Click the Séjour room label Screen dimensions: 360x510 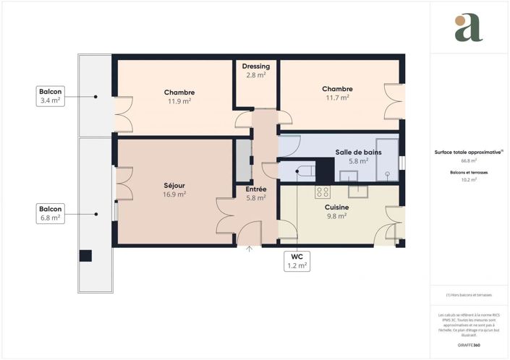(175, 185)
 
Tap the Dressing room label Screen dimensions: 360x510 (256, 66)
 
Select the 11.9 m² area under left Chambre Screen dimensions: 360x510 (179, 101)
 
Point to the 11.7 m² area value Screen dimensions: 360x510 (337, 98)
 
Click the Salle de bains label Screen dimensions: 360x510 (358, 152)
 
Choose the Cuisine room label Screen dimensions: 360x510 (337, 207)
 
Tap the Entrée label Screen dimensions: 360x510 (256, 189)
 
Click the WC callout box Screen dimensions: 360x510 (297, 261)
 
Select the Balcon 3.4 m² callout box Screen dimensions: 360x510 (51, 96)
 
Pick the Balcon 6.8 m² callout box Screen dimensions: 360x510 (51, 213)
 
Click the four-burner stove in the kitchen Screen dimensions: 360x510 (323, 192)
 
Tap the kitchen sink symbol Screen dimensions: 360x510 (359, 190)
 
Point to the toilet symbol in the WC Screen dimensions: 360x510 (305, 171)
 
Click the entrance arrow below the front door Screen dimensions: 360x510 (250, 249)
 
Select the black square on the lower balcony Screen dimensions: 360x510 (86, 255)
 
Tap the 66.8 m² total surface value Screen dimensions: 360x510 (469, 161)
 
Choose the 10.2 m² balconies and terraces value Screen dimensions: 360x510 (469, 179)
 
